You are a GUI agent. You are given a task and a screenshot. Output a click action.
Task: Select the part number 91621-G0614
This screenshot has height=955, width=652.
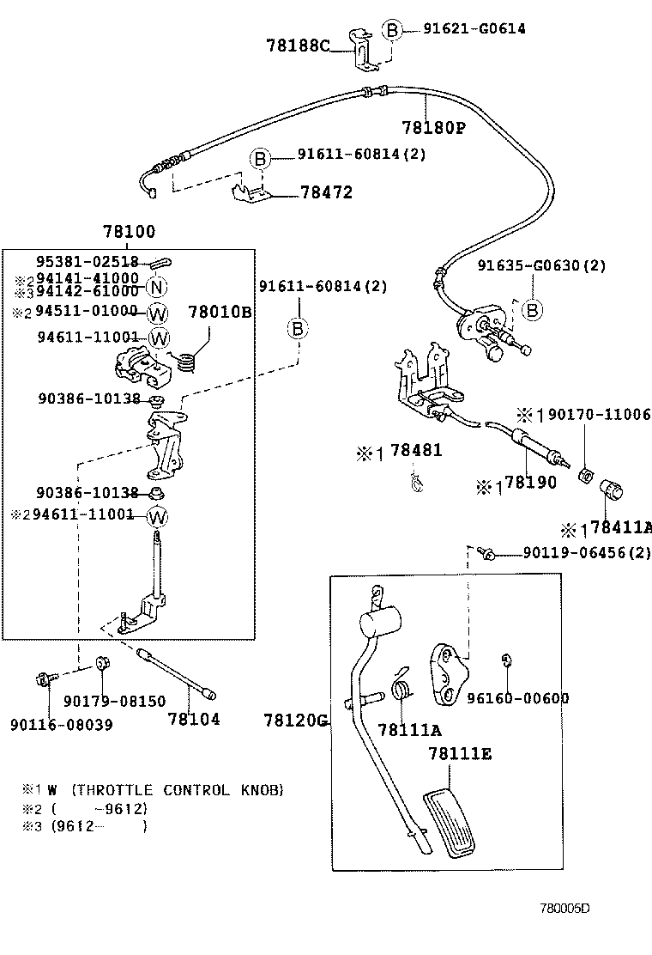click(474, 28)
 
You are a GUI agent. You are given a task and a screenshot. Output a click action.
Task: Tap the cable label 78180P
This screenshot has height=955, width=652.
click(432, 128)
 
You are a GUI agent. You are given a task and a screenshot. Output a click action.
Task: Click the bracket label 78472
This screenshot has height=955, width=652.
click(326, 193)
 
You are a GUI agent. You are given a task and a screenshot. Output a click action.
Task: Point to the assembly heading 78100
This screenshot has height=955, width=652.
click(129, 232)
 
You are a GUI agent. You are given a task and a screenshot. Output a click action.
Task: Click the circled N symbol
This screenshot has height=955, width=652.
click(155, 288)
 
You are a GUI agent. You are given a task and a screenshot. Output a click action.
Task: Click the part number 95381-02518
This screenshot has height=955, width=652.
click(87, 262)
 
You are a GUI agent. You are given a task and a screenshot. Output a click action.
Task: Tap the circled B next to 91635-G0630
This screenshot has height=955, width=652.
click(532, 310)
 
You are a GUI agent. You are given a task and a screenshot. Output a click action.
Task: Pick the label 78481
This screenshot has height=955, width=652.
click(415, 451)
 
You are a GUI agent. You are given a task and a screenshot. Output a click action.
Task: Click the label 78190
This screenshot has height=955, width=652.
click(529, 483)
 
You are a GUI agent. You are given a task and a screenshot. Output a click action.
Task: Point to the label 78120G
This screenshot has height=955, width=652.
click(296, 720)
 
